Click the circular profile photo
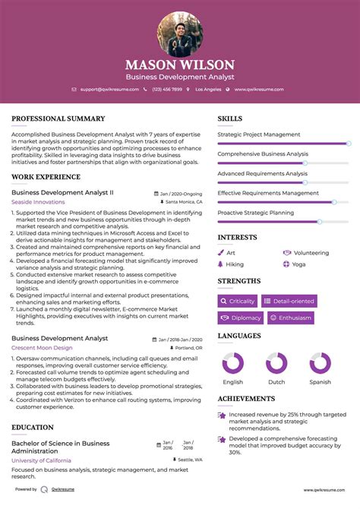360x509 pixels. (x=180, y=33)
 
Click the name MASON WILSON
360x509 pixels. (x=180, y=65)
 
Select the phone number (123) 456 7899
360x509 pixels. (x=166, y=89)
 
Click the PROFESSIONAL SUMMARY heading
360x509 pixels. (x=58, y=119)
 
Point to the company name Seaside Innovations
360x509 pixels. (x=38, y=202)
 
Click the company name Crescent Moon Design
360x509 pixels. (x=42, y=347)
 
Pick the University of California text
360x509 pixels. (x=42, y=460)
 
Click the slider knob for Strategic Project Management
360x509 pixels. (x=349, y=143)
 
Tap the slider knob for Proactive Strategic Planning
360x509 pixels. (x=319, y=221)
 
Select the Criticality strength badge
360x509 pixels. (x=238, y=301)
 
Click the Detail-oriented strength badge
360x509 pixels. (x=289, y=301)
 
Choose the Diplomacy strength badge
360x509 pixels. (x=241, y=318)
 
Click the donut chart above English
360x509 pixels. (x=232, y=362)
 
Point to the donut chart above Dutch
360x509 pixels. (x=276, y=362)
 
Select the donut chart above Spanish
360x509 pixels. (x=320, y=362)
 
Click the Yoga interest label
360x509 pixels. (x=298, y=264)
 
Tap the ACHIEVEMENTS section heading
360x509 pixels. (x=246, y=398)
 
